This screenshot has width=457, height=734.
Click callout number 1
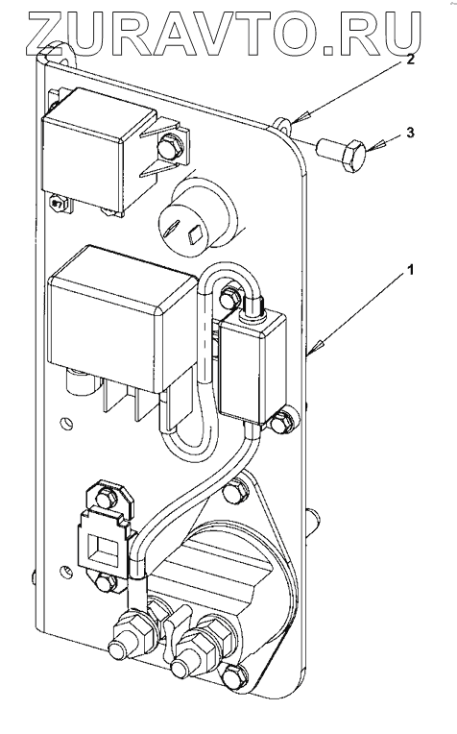[x=410, y=270]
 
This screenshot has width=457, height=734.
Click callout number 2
[x=410, y=60]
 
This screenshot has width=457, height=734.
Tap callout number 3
[x=410, y=133]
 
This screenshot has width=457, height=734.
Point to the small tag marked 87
[x=58, y=204]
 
